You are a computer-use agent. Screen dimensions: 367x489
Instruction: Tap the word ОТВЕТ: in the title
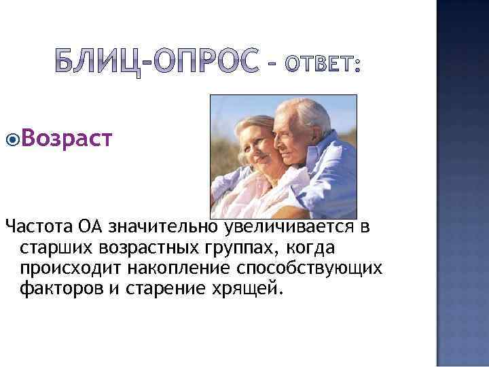click(322, 66)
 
